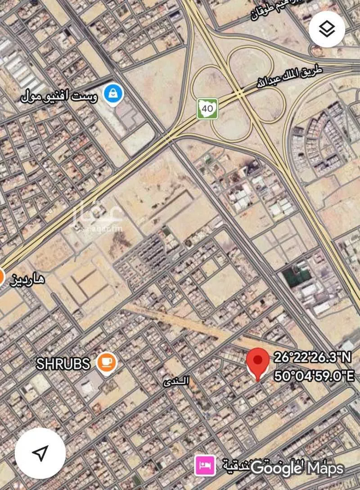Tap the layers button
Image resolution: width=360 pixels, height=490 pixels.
click(327, 30)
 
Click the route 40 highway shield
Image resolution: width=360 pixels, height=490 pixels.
click(207, 108)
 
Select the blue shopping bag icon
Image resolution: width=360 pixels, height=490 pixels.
click(111, 94)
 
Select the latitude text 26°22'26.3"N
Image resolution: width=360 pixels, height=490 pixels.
click(313, 358)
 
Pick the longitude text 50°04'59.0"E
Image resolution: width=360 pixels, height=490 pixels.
click(314, 376)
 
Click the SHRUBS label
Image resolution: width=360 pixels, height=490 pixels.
click(63, 363)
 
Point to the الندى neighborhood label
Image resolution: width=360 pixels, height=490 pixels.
click(176, 381)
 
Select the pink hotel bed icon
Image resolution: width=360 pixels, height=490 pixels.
click(205, 465)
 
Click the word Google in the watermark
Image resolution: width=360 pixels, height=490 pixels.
click(276, 468)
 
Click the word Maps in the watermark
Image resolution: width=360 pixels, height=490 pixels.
click(325, 468)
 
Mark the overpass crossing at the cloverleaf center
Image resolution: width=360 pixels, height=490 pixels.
click(240, 93)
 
